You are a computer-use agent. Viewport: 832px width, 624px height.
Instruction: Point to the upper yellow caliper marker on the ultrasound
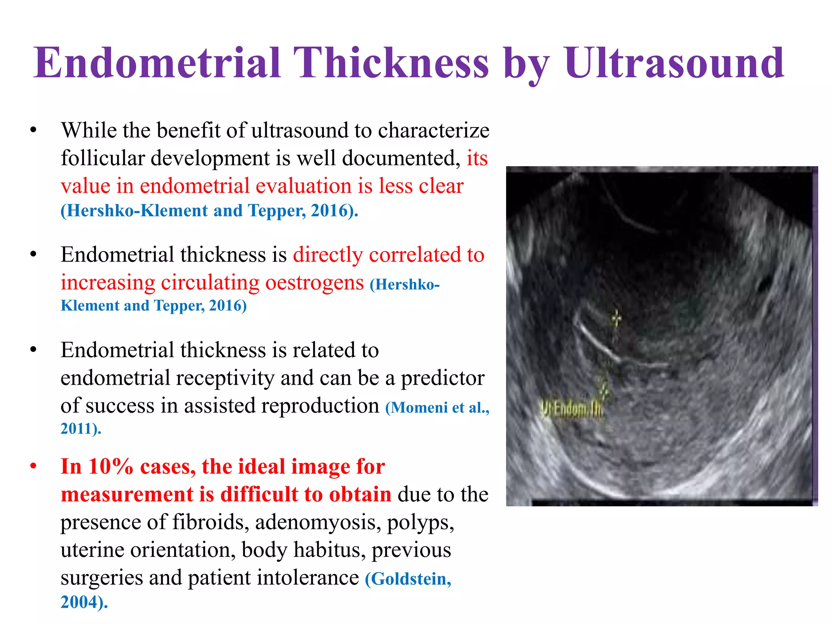point(616,318)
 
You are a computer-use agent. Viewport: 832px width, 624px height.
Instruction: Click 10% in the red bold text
point(111,466)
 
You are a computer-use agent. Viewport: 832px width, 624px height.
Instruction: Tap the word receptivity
point(225,378)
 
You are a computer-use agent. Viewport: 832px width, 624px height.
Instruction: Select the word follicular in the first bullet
point(103,158)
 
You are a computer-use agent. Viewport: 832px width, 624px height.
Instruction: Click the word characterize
point(433,130)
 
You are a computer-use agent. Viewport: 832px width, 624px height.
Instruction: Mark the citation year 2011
point(77,429)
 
